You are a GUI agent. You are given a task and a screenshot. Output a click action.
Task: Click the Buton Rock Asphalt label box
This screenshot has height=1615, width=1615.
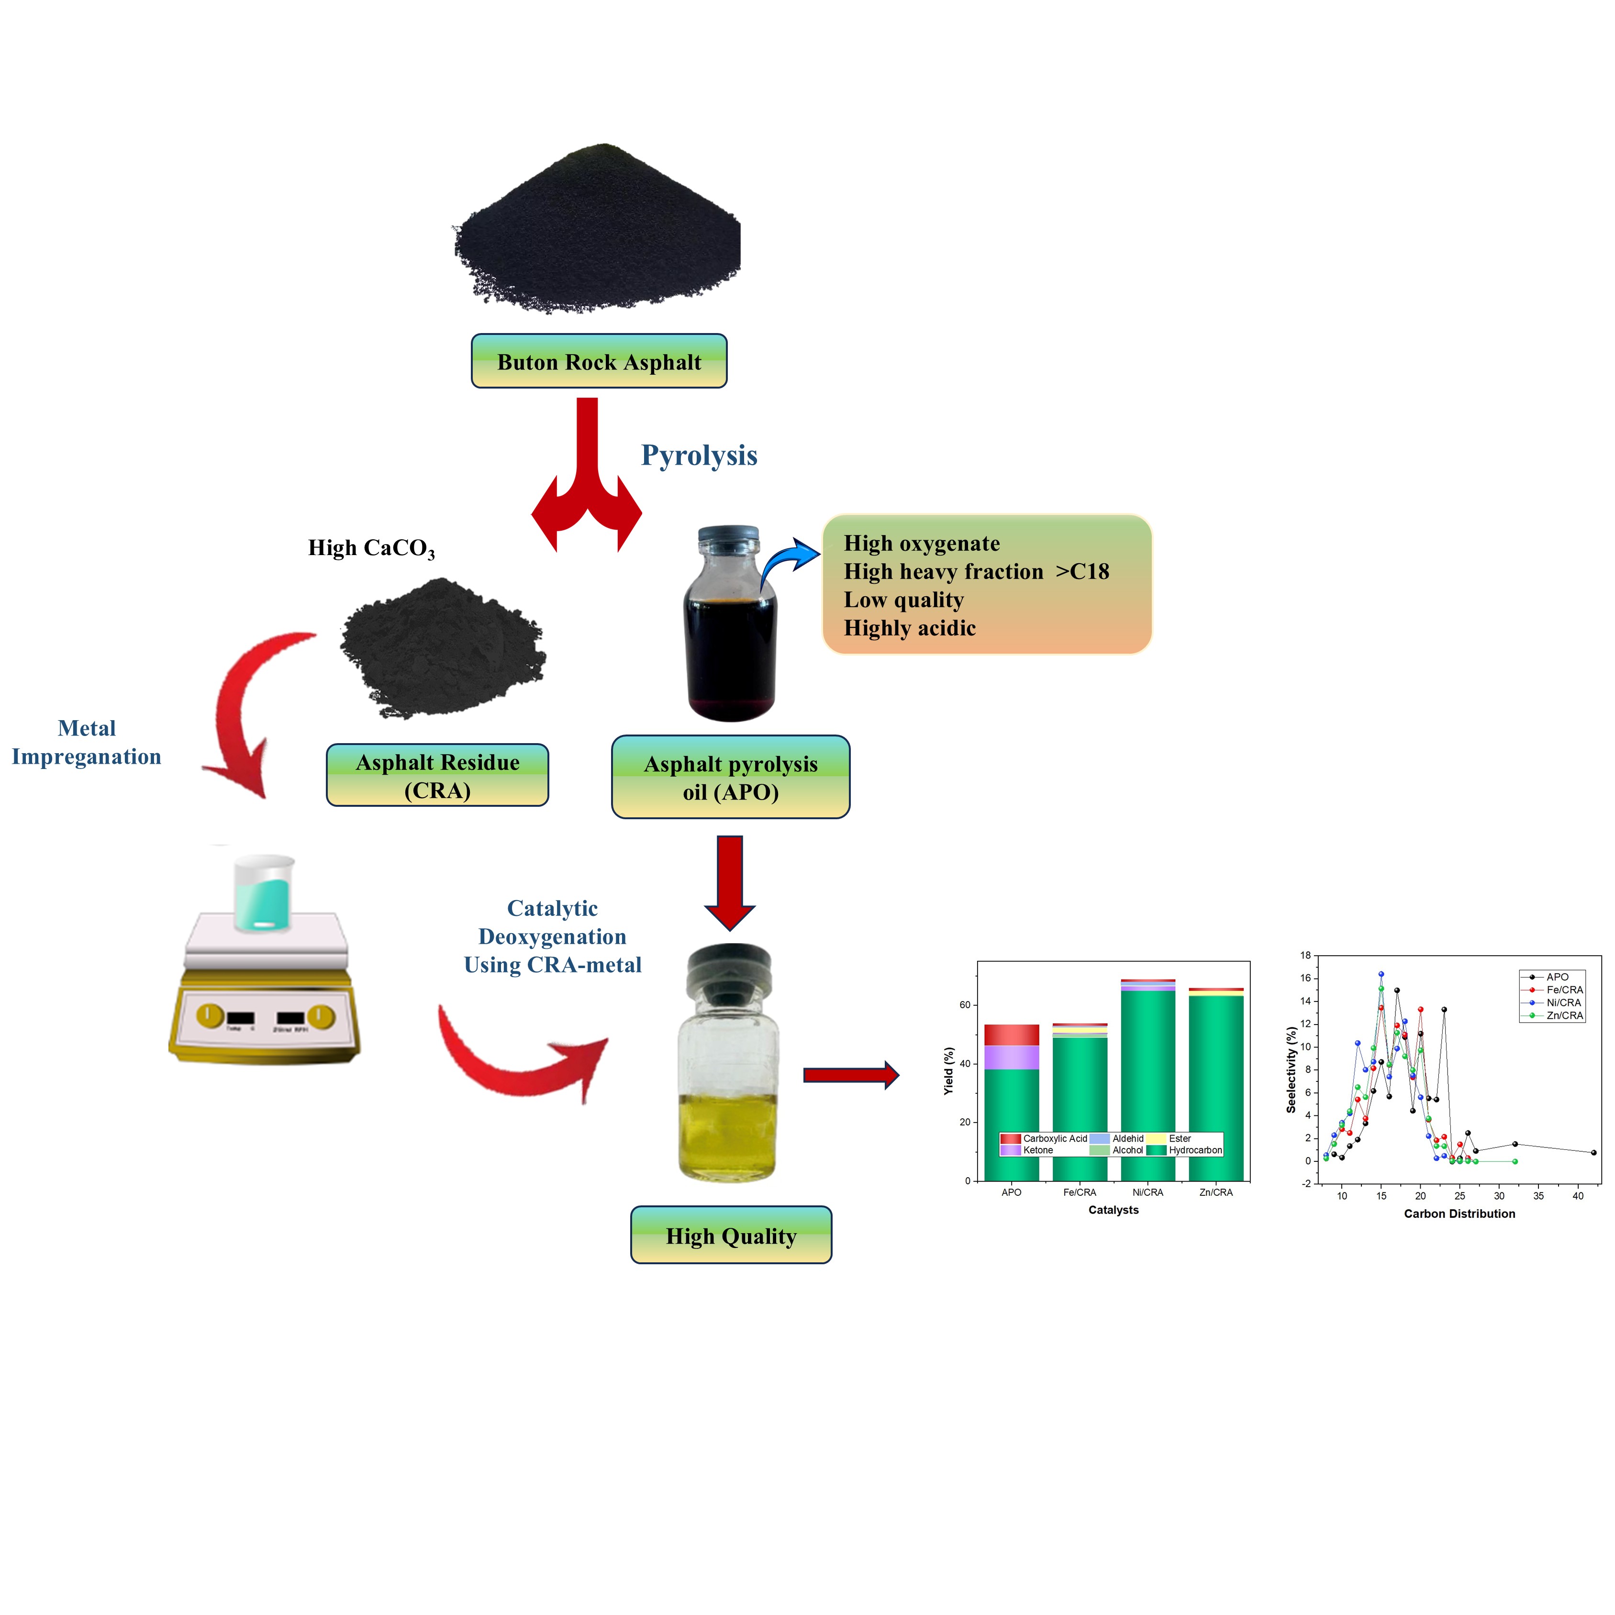coord(599,361)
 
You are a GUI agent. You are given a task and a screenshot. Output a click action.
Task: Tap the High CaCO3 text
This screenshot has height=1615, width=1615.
coord(371,548)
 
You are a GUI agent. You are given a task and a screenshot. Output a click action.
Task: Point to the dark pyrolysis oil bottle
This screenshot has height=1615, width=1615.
coord(730,627)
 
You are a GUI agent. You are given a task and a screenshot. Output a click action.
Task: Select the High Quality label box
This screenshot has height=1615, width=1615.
coord(731,1236)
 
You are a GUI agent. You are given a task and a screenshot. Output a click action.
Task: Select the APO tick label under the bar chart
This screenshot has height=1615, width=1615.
coord(1012,1192)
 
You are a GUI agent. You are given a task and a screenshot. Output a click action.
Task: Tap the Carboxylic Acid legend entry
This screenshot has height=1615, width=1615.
coord(1045,1138)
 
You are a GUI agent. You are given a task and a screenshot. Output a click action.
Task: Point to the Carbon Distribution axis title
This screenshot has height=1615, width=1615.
coord(1459,1214)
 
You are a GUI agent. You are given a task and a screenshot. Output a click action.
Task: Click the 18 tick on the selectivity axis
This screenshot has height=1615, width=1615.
coord(1306,956)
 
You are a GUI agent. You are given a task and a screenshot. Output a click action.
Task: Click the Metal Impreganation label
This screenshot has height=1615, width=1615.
coord(86,742)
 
